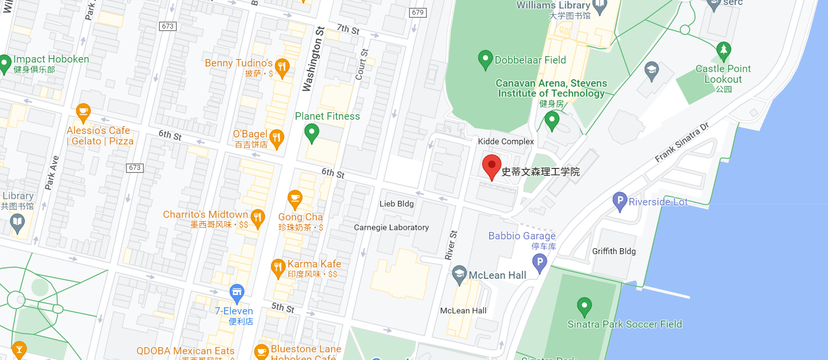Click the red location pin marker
(491, 165)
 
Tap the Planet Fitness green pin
(312, 132)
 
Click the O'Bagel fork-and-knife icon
(277, 137)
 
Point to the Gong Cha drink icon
(295, 199)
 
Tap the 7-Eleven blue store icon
(237, 293)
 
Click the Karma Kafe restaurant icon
(278, 267)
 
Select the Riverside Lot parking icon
(620, 200)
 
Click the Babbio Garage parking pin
(540, 262)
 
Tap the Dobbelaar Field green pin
(485, 59)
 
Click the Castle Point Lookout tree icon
(723, 50)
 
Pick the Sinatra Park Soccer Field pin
(584, 306)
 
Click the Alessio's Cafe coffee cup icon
(83, 112)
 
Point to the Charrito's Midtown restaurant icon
(257, 218)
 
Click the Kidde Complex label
(506, 141)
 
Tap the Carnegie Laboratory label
(391, 228)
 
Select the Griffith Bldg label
(614, 251)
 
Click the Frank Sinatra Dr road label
(681, 142)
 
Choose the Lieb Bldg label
(396, 204)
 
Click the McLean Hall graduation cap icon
(459, 274)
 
